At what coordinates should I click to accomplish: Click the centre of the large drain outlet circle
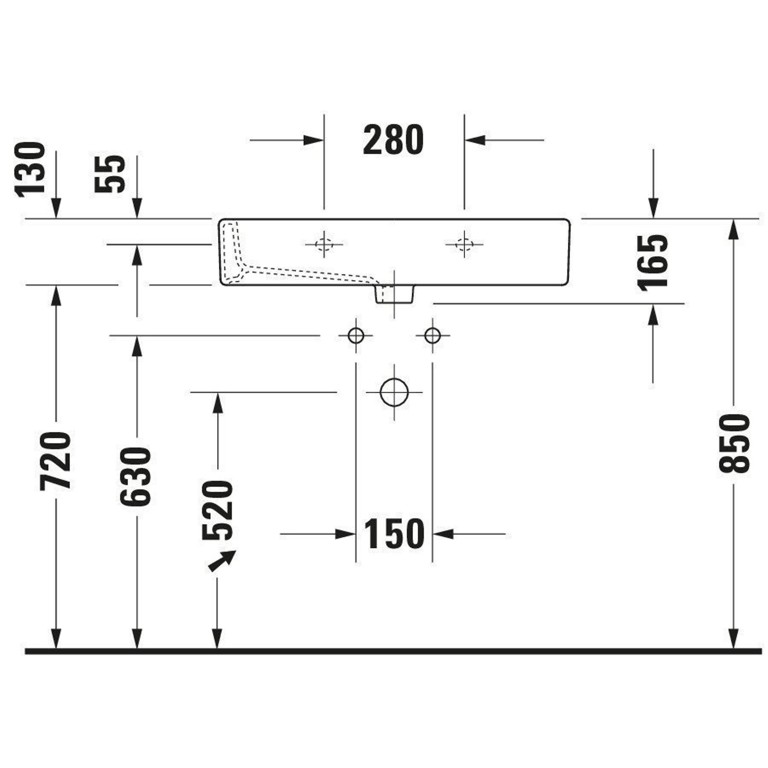tap(394, 392)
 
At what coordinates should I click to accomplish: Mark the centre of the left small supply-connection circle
tap(356, 336)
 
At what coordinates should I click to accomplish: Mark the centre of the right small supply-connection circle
tap(432, 336)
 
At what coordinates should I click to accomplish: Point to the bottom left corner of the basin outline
tap(220, 285)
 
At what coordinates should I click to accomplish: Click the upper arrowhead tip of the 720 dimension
tap(56, 285)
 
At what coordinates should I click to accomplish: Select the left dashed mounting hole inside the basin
tap(324, 244)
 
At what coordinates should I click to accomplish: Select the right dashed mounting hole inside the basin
tap(464, 244)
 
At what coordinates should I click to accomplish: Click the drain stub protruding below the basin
tap(395, 294)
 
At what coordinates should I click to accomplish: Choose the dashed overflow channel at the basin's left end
tap(235, 255)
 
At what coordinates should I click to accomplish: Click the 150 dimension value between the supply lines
tap(394, 534)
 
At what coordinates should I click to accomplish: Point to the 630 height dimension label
tap(135, 477)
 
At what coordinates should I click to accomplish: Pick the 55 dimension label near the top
tap(110, 174)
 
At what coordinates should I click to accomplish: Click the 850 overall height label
tap(734, 444)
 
